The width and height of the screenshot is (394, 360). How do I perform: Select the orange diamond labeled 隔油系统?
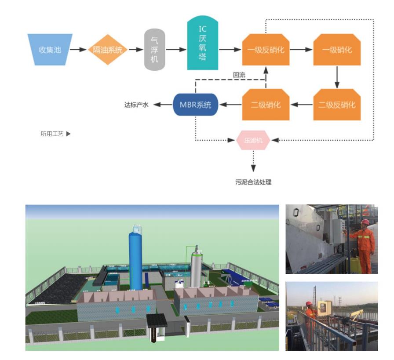click(x=107, y=50)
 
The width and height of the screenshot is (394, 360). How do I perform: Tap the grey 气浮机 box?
click(x=155, y=50)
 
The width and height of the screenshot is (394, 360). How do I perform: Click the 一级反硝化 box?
click(x=266, y=50)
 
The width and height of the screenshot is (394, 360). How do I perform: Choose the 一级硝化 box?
click(x=337, y=50)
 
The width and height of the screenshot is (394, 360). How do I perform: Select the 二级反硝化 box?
click(x=337, y=105)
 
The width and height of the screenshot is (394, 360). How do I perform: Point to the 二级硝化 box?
click(x=266, y=105)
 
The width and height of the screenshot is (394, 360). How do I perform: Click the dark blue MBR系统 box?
click(x=196, y=105)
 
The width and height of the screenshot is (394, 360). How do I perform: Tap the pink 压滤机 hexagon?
click(x=253, y=140)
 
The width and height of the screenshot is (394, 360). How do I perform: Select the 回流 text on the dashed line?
click(x=239, y=75)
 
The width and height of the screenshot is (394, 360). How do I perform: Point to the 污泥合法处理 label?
click(x=253, y=182)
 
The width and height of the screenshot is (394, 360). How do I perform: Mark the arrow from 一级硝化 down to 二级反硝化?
click(x=337, y=77)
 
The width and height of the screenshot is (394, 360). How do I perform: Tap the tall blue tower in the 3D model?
click(x=136, y=259)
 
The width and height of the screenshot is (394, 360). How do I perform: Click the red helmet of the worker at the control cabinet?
click(x=365, y=222)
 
